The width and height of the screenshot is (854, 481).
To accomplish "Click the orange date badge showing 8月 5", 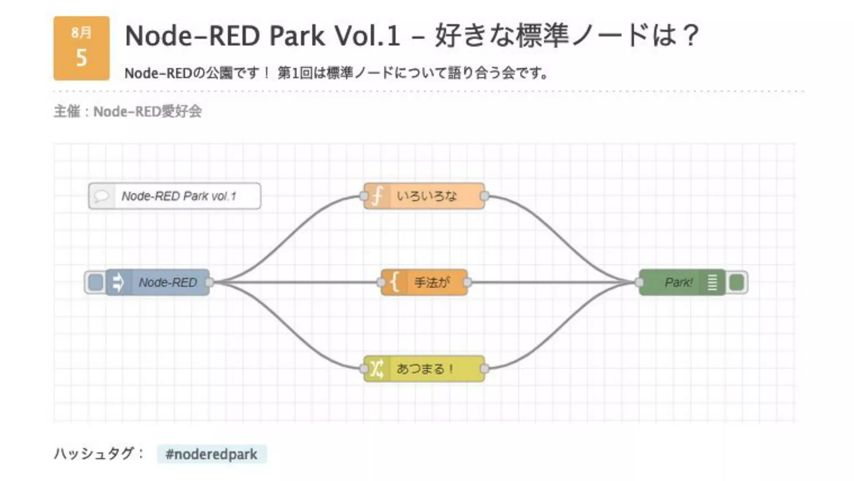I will [x=81, y=48].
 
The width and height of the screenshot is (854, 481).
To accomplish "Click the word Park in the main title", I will [x=297, y=36].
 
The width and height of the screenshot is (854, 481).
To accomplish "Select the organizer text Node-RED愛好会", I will [x=147, y=111].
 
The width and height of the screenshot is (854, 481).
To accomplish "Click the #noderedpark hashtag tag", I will [x=211, y=454].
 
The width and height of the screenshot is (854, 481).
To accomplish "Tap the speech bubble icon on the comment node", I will [x=101, y=196].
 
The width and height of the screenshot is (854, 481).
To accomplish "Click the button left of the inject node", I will [x=95, y=283].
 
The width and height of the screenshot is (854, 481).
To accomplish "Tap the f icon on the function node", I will [x=377, y=196].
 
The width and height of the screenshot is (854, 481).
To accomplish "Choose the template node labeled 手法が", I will [x=432, y=283].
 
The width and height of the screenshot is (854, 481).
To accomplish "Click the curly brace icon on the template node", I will [x=394, y=283].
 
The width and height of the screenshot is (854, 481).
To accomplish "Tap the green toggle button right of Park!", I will [x=736, y=283].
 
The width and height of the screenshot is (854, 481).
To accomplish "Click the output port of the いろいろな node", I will [x=484, y=196].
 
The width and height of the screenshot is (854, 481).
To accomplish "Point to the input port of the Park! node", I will [x=639, y=283].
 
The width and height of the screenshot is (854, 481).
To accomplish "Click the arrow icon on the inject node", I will [x=118, y=283].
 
